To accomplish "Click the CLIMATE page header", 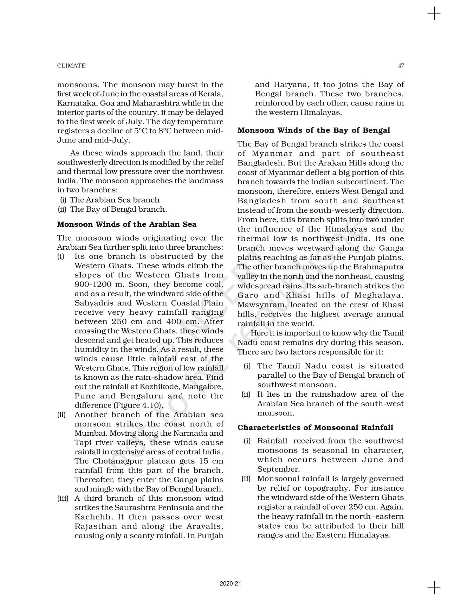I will [x=71, y=65].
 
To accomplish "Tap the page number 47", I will [x=401, y=65].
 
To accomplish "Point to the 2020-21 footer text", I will [x=230, y=583].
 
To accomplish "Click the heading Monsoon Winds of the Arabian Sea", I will [x=126, y=224].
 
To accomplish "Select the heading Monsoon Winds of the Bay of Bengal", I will [x=313, y=130].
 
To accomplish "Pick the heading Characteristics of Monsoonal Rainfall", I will [x=315, y=428].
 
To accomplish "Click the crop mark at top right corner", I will [x=434, y=14].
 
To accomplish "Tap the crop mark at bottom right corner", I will [x=434, y=588].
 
